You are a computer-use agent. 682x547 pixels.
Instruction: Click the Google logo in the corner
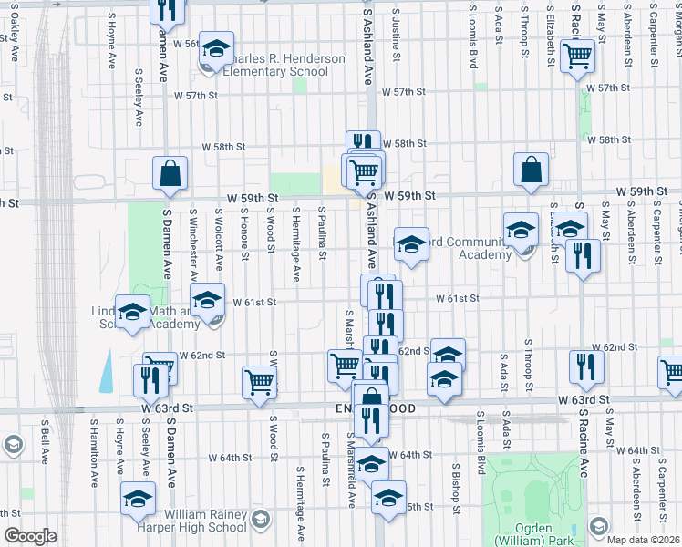[x=30, y=536]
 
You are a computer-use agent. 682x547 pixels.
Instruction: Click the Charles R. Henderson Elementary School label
[x=275, y=65]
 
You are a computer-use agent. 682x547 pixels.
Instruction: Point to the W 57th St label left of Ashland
[x=196, y=95]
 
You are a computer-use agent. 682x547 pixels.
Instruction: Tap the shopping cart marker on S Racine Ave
[x=578, y=57]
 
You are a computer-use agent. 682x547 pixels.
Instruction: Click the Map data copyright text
[x=644, y=539]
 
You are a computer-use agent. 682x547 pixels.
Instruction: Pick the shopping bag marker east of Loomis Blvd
[x=531, y=170]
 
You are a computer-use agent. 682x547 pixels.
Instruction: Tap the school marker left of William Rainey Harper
[x=139, y=498]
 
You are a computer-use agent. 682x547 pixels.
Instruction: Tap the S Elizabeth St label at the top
[x=549, y=36]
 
